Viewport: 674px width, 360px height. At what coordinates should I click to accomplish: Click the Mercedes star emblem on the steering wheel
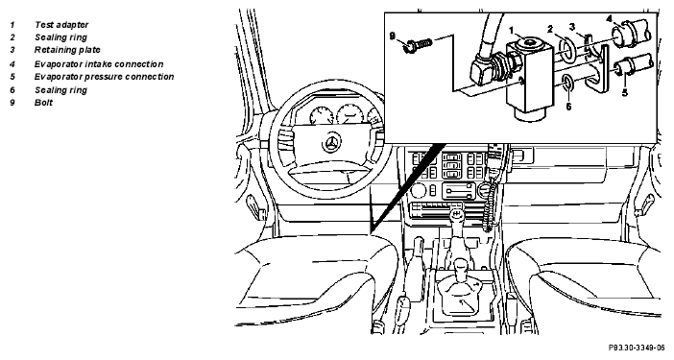(x=331, y=144)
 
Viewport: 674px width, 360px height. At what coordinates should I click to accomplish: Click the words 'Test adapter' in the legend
(x=61, y=25)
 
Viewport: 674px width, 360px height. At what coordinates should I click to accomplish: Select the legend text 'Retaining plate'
(x=67, y=50)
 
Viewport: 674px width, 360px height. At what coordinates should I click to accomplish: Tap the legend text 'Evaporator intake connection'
(x=99, y=64)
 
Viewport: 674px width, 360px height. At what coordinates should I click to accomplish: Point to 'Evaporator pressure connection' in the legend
(x=104, y=77)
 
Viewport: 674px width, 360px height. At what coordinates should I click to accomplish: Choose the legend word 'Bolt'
(x=43, y=103)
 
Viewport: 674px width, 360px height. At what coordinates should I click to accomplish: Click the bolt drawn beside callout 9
(x=417, y=44)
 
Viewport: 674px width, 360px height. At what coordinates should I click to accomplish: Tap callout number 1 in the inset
(x=512, y=30)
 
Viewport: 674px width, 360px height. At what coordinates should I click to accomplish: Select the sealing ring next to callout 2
(x=568, y=49)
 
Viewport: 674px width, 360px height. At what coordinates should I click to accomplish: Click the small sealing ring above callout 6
(x=567, y=83)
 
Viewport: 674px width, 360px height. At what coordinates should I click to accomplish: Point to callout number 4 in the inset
(x=609, y=18)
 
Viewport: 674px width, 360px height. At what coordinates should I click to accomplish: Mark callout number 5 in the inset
(x=625, y=92)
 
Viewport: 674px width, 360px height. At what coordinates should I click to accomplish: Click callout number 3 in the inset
(x=572, y=27)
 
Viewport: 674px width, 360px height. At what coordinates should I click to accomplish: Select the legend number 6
(x=12, y=90)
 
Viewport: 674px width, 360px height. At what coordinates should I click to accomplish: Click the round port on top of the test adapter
(x=529, y=43)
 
